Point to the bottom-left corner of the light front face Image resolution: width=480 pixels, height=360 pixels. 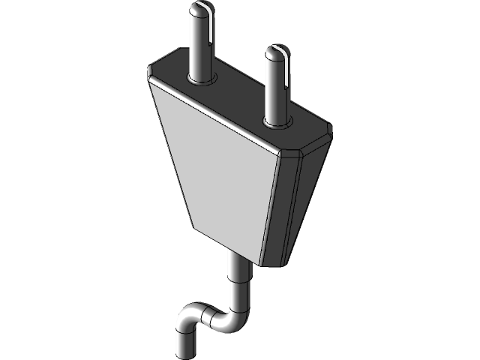tap(193, 227)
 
